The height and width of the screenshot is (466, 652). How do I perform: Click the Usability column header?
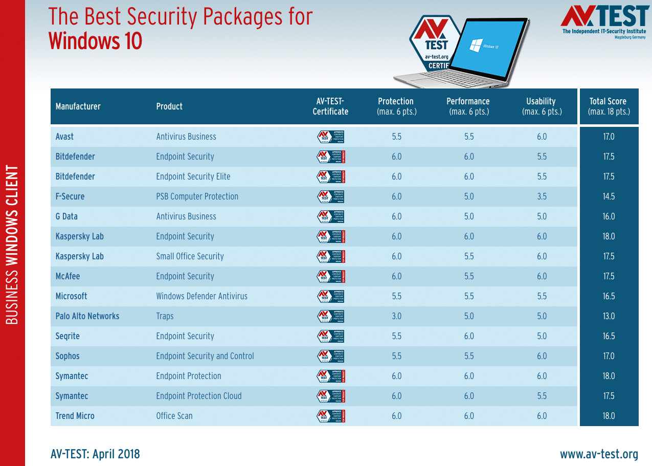542,106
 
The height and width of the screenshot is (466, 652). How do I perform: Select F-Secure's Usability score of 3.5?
542,196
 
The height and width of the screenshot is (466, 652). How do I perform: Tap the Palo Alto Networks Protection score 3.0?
396,316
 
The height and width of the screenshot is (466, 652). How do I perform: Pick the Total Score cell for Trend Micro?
609,416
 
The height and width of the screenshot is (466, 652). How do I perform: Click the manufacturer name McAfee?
68,276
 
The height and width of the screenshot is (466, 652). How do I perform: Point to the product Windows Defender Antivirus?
201,296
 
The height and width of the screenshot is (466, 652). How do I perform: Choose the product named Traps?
165,316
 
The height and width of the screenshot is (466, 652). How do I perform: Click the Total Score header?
609,106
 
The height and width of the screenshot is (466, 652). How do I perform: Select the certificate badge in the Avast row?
330,137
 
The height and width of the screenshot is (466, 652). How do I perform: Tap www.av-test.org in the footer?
599,454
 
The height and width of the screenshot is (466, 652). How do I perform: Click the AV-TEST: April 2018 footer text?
95,454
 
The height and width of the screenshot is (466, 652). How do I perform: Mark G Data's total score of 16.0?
609,216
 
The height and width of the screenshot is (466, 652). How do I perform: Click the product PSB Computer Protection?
197,196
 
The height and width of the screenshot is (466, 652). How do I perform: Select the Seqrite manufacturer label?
68,336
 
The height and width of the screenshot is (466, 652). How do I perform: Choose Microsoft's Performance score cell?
468,296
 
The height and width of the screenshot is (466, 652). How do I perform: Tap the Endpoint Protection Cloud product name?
198,396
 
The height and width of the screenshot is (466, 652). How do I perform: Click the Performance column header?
468,106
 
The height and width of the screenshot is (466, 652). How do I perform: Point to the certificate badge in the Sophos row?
330,356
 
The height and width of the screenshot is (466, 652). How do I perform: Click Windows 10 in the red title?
95,41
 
